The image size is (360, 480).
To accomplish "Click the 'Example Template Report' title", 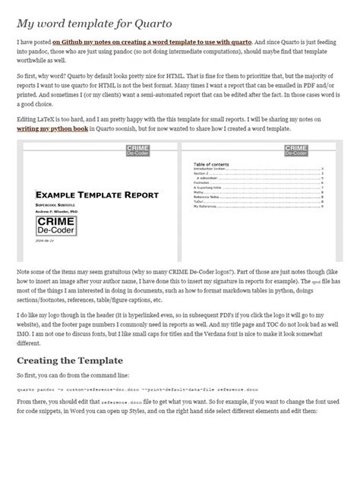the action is tap(96, 193).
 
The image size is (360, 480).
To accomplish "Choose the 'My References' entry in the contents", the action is tap(206, 206).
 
